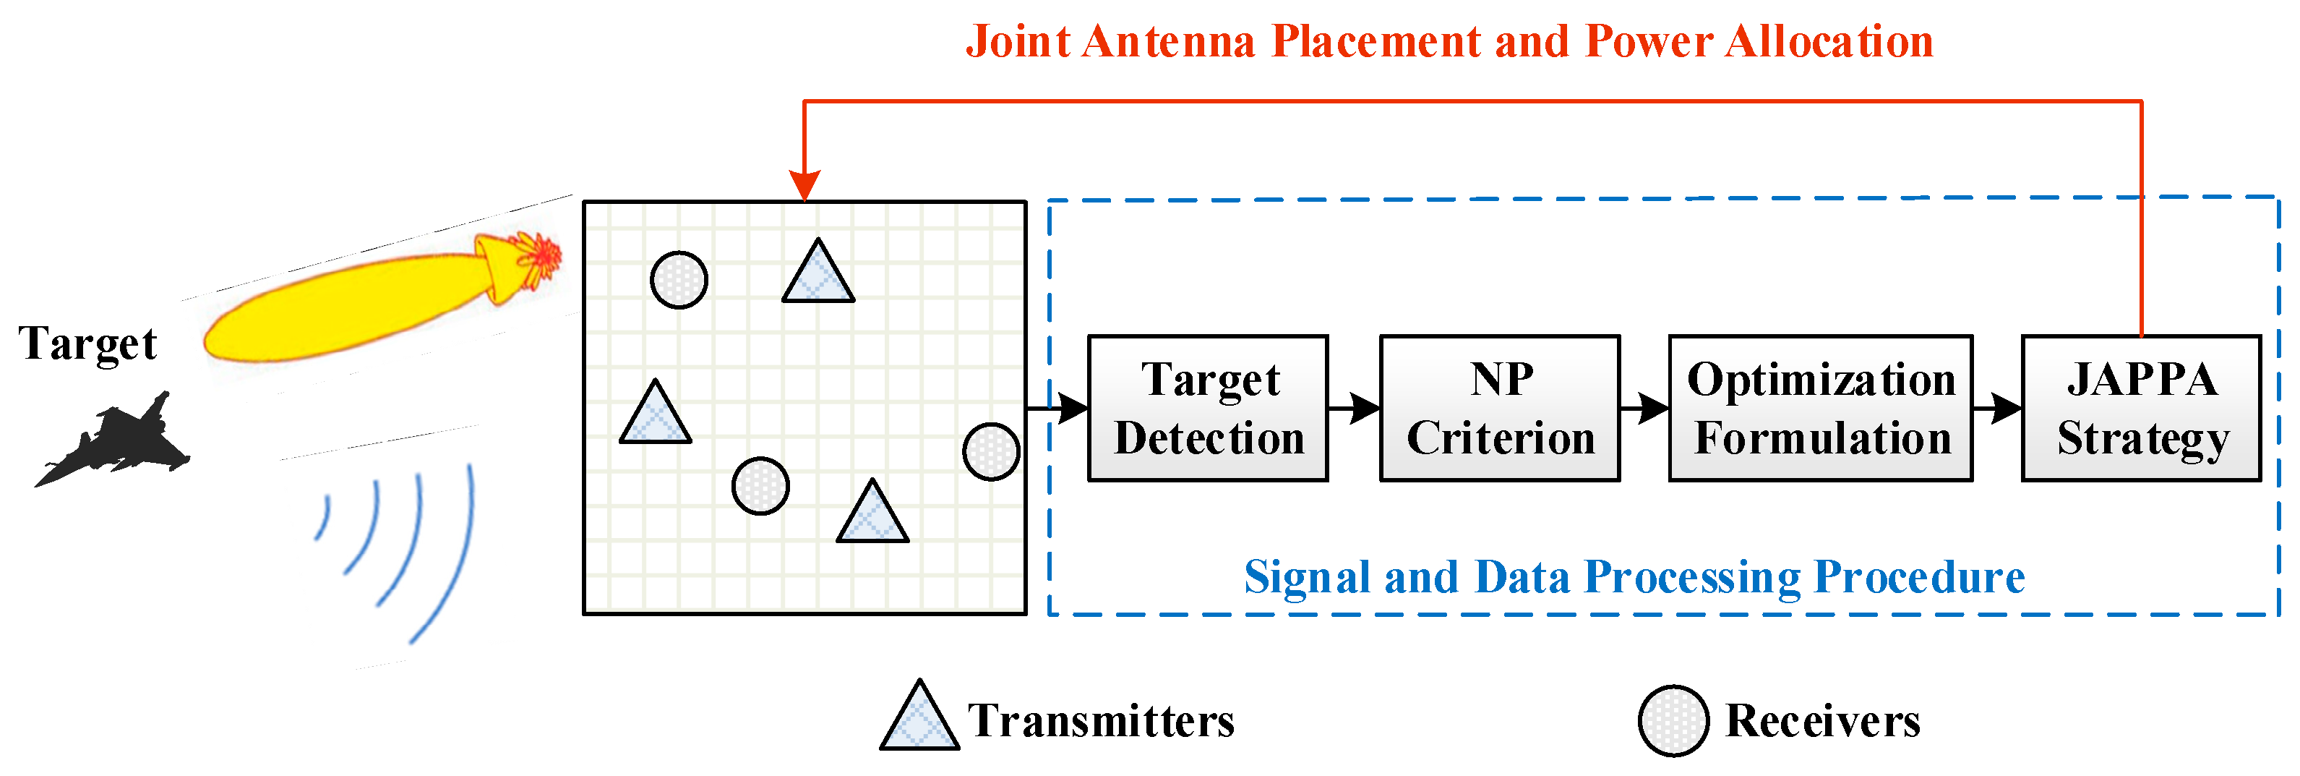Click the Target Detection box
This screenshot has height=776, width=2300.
pos(1208,409)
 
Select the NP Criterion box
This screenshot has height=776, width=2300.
pos(1500,409)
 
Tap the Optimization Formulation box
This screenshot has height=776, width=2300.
pos(1821,409)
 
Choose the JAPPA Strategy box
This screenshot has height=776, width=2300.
pos(2141,409)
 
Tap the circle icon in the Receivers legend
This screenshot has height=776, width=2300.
pos(1673,720)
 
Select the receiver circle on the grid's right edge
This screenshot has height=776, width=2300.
pos(991,452)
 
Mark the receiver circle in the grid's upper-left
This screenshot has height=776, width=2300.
pos(679,279)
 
